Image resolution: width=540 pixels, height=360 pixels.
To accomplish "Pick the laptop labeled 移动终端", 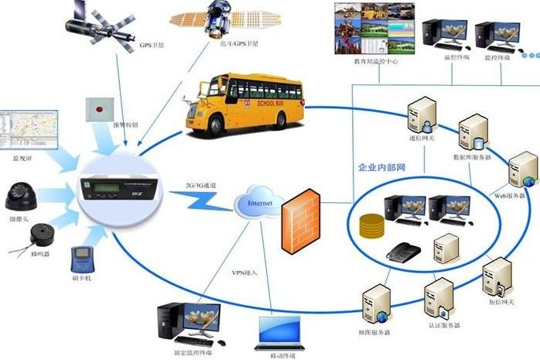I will tap(280, 328).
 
